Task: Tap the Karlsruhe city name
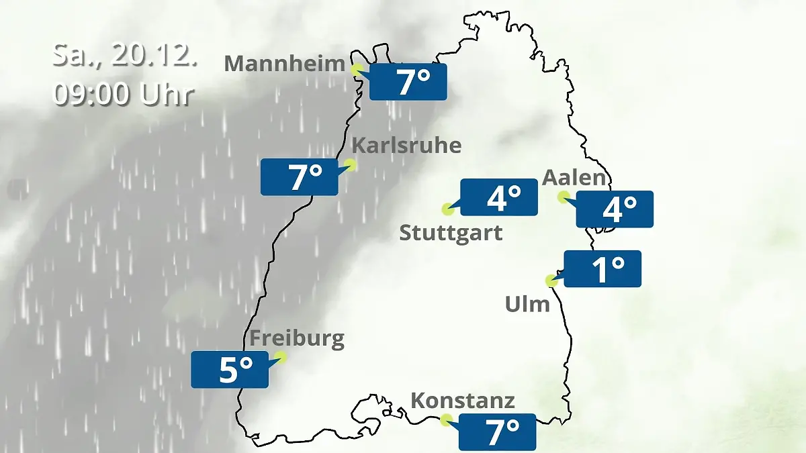point(406,146)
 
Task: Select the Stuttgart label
point(451,234)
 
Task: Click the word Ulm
point(527,305)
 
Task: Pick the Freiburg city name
point(297,338)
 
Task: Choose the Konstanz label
point(462,401)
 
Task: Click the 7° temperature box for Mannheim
point(408,82)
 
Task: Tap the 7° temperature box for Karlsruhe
point(300,177)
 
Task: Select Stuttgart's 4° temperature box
point(498,197)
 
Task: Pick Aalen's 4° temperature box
point(615,209)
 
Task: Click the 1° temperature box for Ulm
point(602,268)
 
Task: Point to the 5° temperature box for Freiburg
point(230,369)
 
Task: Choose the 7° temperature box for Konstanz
point(497,432)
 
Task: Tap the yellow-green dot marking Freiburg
point(281,357)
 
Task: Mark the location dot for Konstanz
point(446,420)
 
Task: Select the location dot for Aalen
point(564,197)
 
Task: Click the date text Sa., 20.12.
point(124,56)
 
